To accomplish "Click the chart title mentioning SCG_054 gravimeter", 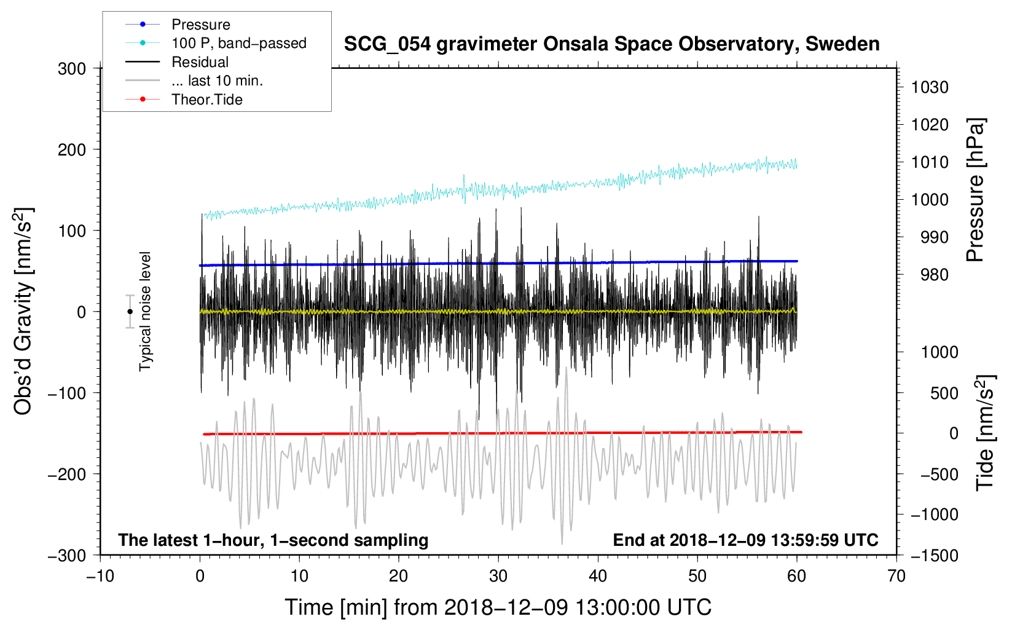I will coord(611,44).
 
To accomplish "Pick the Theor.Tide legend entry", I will coord(206,100).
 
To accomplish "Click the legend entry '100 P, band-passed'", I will coord(238,43).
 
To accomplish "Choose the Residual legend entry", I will coord(200,62).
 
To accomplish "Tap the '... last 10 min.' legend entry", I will coord(217,81).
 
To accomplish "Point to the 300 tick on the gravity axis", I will coord(72,69).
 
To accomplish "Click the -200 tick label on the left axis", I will coord(67,474).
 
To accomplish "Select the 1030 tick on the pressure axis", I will coord(930,87).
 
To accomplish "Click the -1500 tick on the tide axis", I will coord(934,555).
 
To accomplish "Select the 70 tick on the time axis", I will coord(896,576).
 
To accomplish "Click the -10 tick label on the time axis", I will coord(100,576).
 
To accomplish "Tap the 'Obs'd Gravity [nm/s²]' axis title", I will coord(23,311).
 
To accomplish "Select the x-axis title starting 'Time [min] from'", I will coord(498,607).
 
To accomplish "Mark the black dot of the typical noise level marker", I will coord(130,312).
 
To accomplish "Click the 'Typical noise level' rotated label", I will coord(145,311).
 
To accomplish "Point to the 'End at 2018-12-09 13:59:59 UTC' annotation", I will coord(745,540).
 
